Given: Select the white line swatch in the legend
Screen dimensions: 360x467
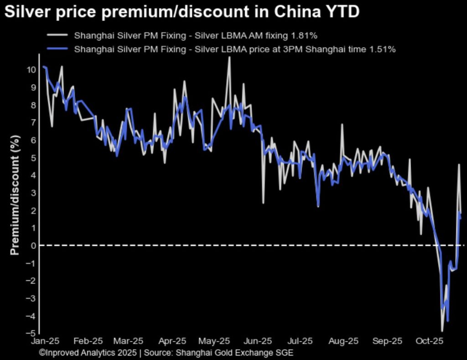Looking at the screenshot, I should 57,35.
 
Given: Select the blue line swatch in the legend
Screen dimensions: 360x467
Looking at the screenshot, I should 57,49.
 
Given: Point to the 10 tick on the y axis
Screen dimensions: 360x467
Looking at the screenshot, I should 31,70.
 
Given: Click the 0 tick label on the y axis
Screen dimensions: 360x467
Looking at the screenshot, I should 33,246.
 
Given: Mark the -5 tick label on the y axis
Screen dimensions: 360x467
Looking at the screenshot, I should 31,334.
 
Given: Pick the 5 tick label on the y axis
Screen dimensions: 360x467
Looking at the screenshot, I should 33,158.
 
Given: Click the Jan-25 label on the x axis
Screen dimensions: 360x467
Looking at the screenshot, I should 45,341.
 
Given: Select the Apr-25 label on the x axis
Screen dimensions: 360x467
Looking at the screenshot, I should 173,341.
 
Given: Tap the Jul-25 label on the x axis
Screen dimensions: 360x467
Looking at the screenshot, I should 301,341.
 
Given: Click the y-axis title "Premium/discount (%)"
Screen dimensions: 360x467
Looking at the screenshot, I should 15,195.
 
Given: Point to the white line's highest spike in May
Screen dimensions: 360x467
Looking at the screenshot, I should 229,57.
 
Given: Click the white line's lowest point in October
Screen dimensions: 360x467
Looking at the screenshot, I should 442,331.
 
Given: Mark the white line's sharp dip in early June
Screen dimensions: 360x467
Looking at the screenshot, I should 263,203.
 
